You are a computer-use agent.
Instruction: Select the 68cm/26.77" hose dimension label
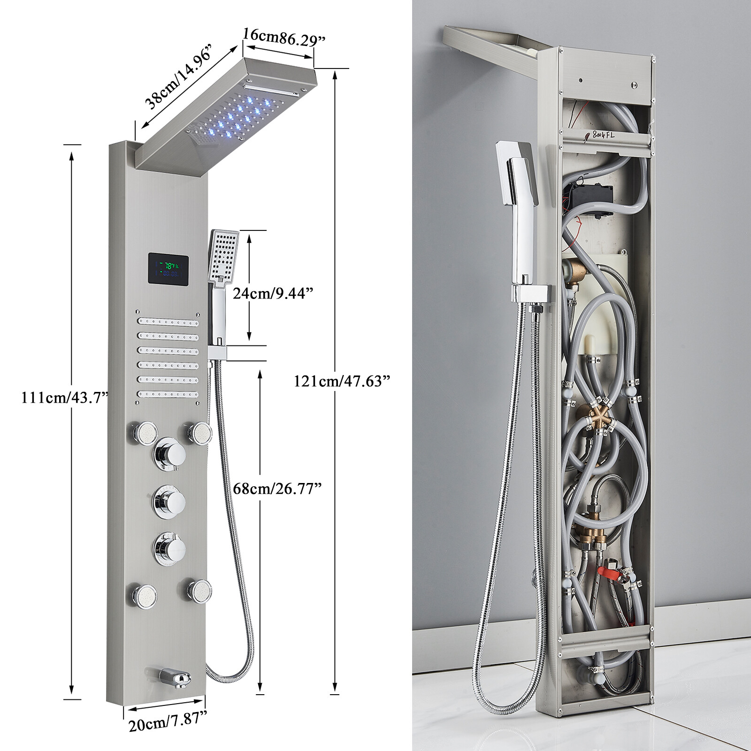click(x=277, y=488)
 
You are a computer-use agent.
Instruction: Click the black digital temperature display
click(x=169, y=269)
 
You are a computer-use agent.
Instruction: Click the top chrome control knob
click(x=169, y=452)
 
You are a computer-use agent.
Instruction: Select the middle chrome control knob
click(x=169, y=500)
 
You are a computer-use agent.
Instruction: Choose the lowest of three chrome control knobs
click(x=169, y=546)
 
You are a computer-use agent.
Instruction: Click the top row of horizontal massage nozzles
click(x=168, y=322)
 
